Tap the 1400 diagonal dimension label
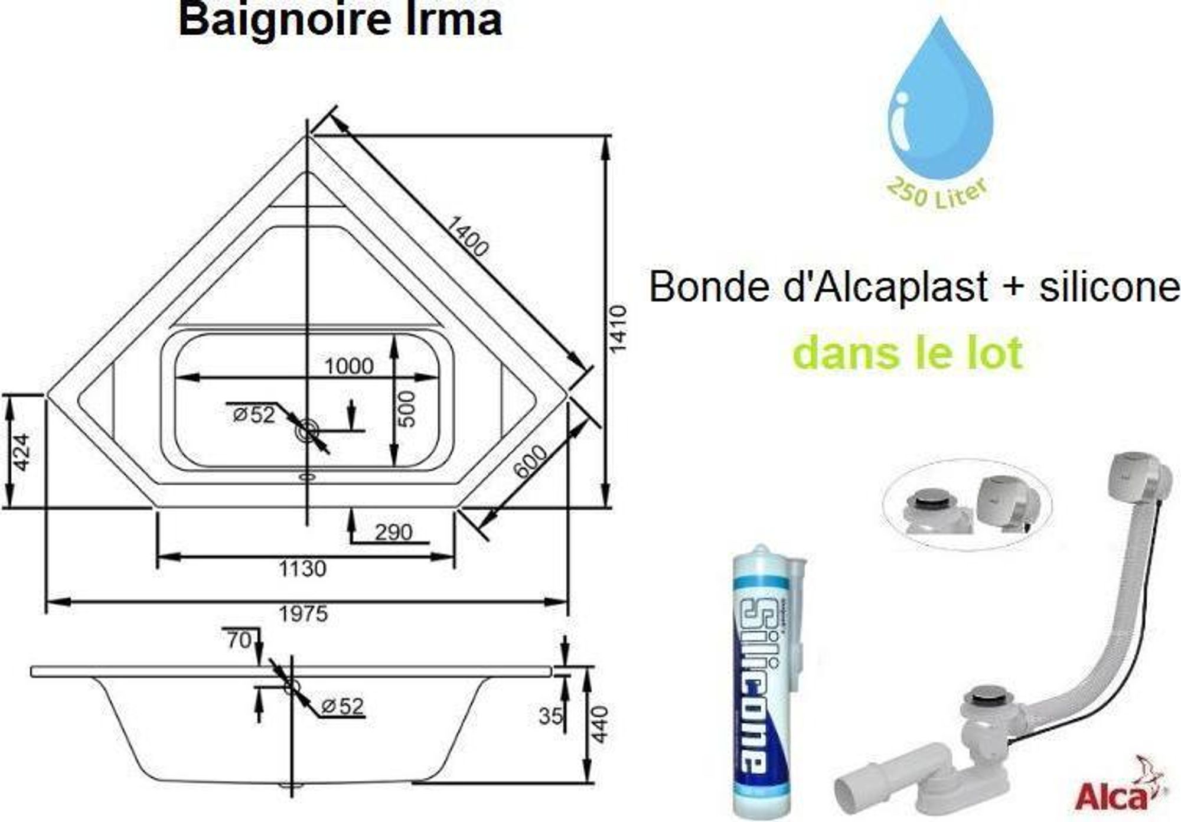(466, 236)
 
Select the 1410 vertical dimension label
(618, 329)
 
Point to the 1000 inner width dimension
(349, 367)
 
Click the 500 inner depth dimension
(407, 409)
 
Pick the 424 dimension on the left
(21, 452)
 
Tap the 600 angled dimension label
(530, 461)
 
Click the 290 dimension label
(393, 533)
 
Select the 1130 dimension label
(302, 569)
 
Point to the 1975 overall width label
(303, 614)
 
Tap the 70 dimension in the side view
(239, 640)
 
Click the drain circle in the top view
(307, 430)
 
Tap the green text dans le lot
(908, 353)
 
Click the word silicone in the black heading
(1110, 287)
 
